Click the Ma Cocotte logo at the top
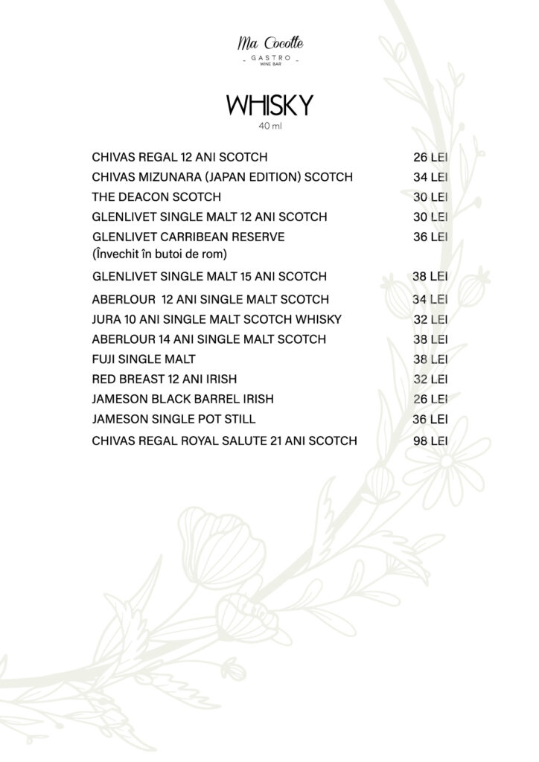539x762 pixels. click(266, 46)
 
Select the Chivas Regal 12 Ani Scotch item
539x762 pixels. click(179, 158)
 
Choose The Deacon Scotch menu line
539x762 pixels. click(156, 197)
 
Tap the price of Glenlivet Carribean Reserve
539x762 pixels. click(430, 237)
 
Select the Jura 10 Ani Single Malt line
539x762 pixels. click(217, 319)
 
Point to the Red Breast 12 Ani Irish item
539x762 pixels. click(164, 380)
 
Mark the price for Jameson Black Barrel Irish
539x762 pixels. click(430, 400)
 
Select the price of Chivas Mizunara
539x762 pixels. click(430, 177)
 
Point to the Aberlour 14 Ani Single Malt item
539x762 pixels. click(208, 339)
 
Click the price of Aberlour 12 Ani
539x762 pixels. click(430, 299)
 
